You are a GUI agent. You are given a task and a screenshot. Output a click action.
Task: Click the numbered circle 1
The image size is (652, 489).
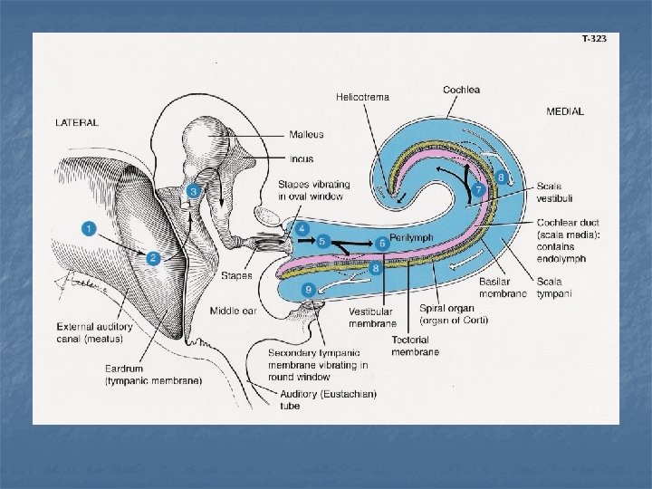point(89,229)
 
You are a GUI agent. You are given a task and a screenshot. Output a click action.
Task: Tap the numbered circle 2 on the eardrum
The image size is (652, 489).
point(153,258)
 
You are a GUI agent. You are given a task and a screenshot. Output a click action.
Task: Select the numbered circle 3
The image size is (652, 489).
point(193,191)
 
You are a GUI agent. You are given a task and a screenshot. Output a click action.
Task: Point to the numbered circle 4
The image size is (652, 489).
point(302,227)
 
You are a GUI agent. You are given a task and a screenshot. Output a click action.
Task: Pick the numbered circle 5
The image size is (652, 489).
point(322,242)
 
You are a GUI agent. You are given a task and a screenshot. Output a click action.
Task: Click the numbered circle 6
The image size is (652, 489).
point(382,243)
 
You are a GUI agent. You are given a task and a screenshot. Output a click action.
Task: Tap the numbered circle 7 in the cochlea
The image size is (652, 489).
point(478,190)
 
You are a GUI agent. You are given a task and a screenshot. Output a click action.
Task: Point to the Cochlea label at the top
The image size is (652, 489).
point(462,90)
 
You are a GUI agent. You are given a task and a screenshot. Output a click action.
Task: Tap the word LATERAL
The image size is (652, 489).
point(77,122)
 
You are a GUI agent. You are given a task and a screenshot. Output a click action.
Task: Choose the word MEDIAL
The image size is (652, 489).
point(565,111)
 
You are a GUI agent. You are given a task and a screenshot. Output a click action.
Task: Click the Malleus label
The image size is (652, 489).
point(306,135)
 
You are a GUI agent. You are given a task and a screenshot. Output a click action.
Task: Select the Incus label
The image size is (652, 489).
point(302,158)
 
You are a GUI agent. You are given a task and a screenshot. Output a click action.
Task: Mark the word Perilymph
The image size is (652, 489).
point(412,237)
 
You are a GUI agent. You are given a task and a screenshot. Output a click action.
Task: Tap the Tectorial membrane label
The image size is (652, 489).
point(415,345)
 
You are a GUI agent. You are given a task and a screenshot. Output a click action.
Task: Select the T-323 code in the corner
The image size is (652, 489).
point(594,39)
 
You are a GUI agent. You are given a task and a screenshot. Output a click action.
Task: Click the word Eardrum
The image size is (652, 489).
point(124,369)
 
